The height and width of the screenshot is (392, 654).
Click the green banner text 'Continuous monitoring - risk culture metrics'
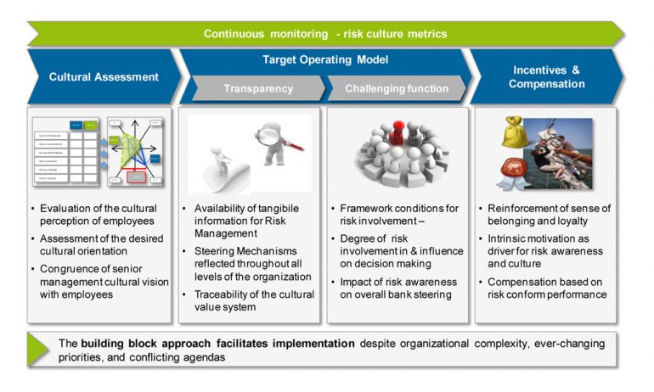point(324,34)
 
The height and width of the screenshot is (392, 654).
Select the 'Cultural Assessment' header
point(104,76)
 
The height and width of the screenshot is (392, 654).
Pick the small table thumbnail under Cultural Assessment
point(69,150)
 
